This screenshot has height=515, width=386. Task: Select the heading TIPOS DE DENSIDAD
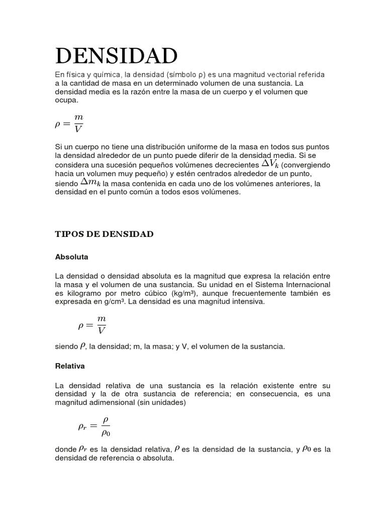click(x=104, y=234)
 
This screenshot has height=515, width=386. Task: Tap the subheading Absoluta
click(x=71, y=257)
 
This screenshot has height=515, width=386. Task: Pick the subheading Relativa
click(x=70, y=366)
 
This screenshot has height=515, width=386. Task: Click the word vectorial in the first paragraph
click(x=285, y=74)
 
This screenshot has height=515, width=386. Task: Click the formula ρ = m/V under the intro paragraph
click(x=69, y=124)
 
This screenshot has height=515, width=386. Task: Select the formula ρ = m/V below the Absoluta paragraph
click(x=92, y=324)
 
